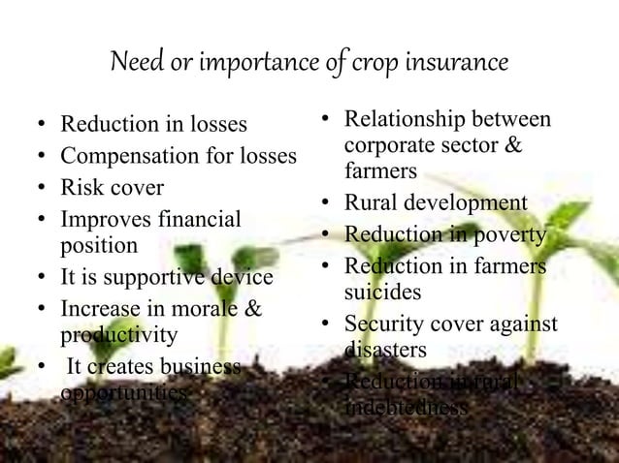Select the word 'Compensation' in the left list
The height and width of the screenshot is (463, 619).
click(121, 155)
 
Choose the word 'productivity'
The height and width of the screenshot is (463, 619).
click(118, 335)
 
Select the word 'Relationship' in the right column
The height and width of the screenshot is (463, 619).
click(406, 121)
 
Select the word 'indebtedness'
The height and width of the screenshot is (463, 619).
click(406, 408)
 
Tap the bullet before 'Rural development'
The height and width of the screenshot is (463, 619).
click(328, 204)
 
